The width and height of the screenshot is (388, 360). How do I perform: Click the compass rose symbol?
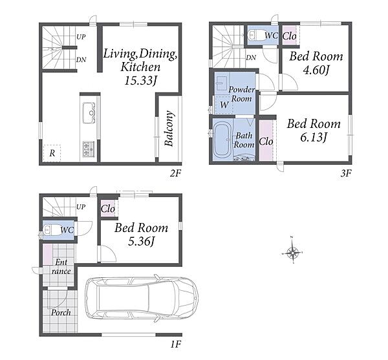(292, 253)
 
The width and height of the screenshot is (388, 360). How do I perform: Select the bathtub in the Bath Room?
(222, 140)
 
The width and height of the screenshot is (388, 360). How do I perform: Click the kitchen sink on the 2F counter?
(89, 112)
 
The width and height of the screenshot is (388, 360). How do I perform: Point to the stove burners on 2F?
(89, 149)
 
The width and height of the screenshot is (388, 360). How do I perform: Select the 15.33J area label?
(141, 80)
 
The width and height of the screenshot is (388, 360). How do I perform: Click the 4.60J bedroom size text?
(316, 70)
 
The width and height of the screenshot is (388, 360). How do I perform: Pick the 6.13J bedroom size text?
(314, 137)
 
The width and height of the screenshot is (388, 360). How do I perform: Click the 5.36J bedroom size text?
(142, 241)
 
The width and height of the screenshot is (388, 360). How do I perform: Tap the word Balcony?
(169, 129)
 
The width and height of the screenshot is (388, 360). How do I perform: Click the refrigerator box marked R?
(52, 153)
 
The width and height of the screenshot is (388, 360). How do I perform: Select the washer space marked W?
(224, 105)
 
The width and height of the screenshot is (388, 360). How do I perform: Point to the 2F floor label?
(175, 174)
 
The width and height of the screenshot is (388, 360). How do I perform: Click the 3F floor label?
(346, 174)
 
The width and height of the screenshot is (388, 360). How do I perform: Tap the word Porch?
(61, 312)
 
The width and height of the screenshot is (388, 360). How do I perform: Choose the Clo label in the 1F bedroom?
(108, 209)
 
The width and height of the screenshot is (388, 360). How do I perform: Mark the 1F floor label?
(176, 344)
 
